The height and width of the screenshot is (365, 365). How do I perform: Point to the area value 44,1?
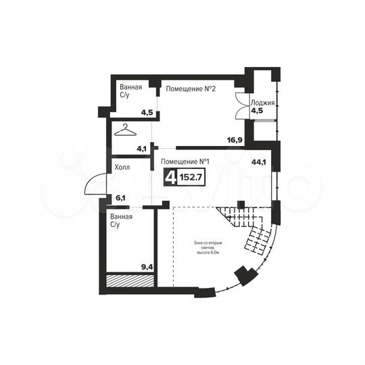258,162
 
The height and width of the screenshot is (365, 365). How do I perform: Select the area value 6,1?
122,197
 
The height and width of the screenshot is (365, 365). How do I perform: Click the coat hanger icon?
125,130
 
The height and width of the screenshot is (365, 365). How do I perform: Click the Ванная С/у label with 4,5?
130,92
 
